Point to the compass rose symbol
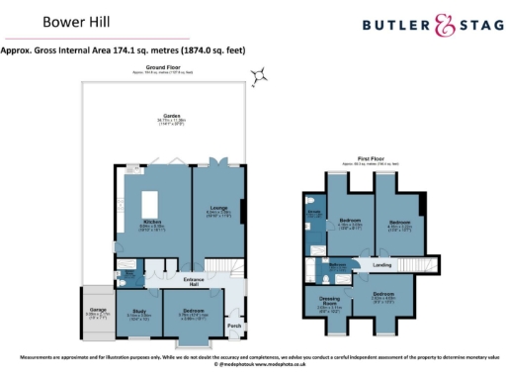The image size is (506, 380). pos(261,74)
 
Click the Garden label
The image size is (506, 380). pos(173,119)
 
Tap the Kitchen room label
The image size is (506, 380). pos(152,222)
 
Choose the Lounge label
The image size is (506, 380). pos(217,209)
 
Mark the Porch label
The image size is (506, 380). pos(234,326)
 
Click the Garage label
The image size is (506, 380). pos(99,310)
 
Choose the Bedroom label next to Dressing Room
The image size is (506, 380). pos(384,295)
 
